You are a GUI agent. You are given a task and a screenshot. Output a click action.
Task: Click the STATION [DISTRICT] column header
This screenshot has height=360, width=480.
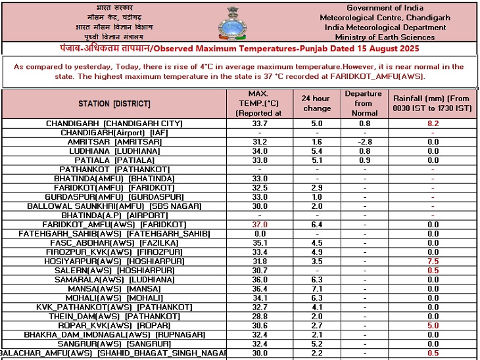click(114, 104)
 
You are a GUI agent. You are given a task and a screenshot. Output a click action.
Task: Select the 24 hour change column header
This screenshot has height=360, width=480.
click(316, 103)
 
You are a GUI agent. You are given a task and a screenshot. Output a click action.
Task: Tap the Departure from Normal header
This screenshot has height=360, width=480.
click(363, 103)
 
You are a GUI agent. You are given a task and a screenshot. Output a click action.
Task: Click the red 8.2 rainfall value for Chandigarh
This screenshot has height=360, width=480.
click(433, 123)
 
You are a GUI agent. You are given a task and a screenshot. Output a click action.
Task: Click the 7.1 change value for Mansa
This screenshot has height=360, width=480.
click(316, 288)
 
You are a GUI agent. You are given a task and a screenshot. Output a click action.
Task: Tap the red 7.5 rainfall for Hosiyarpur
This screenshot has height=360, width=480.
click(433, 261)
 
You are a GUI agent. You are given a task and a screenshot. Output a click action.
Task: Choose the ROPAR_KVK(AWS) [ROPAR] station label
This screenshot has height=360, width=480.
click(114, 325)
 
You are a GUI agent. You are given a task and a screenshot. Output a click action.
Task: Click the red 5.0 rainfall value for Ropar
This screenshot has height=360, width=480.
click(433, 325)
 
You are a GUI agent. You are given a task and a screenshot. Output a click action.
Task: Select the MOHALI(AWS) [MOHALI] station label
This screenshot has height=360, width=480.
click(114, 298)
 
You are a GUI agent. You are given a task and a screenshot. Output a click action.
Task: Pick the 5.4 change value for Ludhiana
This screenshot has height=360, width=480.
click(316, 150)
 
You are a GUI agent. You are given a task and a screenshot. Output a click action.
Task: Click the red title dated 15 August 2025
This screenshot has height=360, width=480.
click(239, 49)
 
